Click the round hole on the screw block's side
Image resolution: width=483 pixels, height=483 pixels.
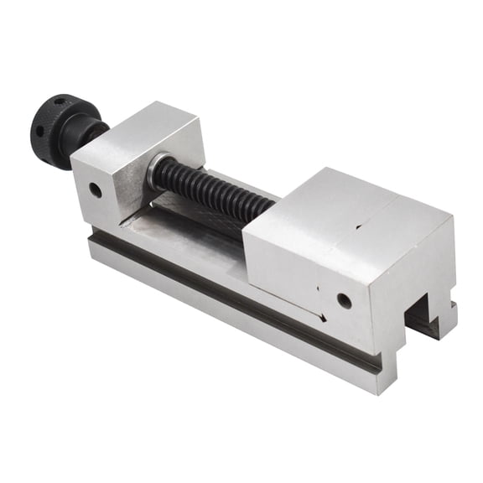(x=96, y=190)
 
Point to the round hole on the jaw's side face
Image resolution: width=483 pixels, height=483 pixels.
(x=344, y=299)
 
